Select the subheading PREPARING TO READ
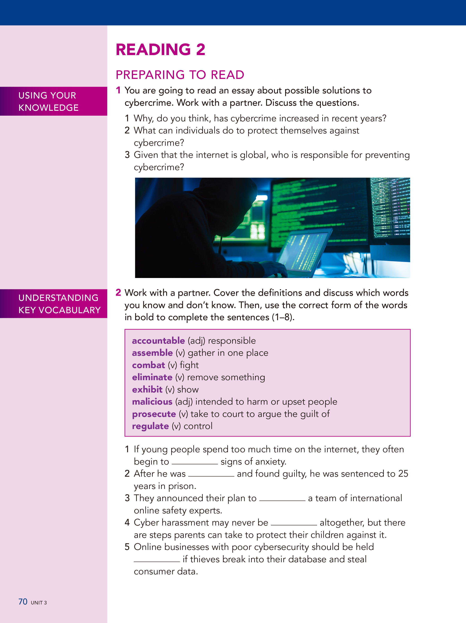click(180, 75)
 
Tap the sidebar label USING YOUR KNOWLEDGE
click(48, 101)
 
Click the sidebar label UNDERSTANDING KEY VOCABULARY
click(59, 304)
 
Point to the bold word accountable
click(158, 341)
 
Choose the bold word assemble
click(152, 353)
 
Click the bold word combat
click(148, 365)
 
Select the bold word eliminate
click(152, 377)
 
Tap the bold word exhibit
click(147, 390)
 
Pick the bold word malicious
click(152, 402)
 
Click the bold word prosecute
click(154, 414)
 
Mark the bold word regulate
click(150, 426)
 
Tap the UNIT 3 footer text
click(39, 603)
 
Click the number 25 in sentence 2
click(403, 474)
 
